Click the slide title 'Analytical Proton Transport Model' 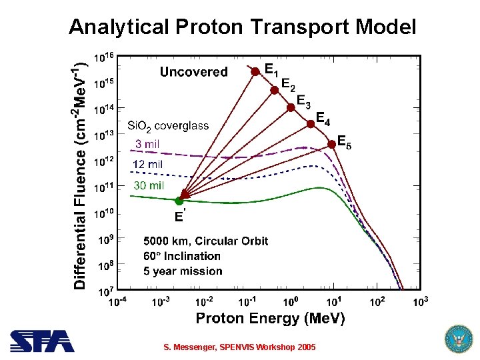click(242, 27)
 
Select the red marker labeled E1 click(255, 70)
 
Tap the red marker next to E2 click(274, 89)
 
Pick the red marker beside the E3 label click(291, 107)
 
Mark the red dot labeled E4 click(311, 123)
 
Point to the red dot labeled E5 click(331, 144)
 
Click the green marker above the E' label click(179, 201)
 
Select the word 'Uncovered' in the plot click(193, 71)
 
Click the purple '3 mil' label click(147, 143)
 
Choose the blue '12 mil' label click(147, 164)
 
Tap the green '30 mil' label click(149, 185)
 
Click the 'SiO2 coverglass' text click(168, 125)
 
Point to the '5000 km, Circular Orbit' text click(205, 241)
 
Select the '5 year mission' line click(183, 271)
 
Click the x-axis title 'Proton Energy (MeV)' click(270, 319)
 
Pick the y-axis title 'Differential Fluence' click(80, 200)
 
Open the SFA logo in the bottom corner click(41, 341)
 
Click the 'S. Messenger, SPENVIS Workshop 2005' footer click(240, 347)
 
